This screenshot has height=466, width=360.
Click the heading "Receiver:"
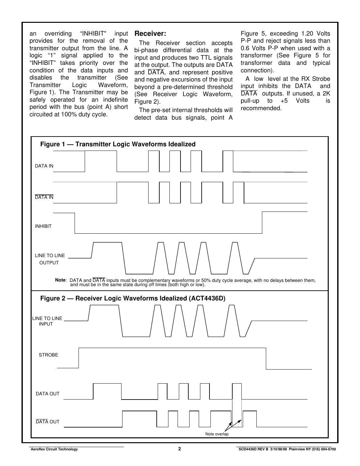point(150,34)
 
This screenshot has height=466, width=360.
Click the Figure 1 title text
point(118,144)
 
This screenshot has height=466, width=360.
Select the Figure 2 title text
point(133,299)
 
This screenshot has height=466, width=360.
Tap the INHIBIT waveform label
point(43,226)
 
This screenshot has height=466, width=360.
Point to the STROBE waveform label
point(48,355)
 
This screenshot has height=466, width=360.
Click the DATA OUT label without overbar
point(48,394)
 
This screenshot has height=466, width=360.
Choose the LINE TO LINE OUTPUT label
point(50,259)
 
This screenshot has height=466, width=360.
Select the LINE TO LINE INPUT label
point(47,321)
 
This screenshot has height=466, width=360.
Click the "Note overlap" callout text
point(217,434)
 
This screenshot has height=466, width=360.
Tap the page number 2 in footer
point(180,449)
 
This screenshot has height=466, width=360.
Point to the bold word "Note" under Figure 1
point(60,280)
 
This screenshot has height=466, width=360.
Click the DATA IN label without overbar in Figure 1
point(44,166)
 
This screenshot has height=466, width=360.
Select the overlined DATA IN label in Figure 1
point(44,197)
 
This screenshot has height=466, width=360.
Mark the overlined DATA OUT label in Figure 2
point(48,422)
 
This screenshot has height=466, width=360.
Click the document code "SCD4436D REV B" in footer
point(253,449)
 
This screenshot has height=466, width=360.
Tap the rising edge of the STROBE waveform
point(79,358)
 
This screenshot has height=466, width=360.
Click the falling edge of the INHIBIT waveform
point(75,223)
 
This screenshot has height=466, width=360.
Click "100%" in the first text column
point(69,114)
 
